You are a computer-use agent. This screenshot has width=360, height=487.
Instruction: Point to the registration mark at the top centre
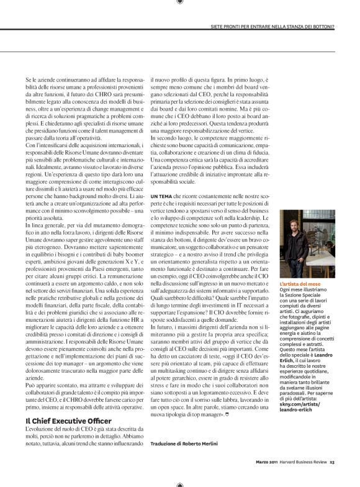[180, 3]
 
